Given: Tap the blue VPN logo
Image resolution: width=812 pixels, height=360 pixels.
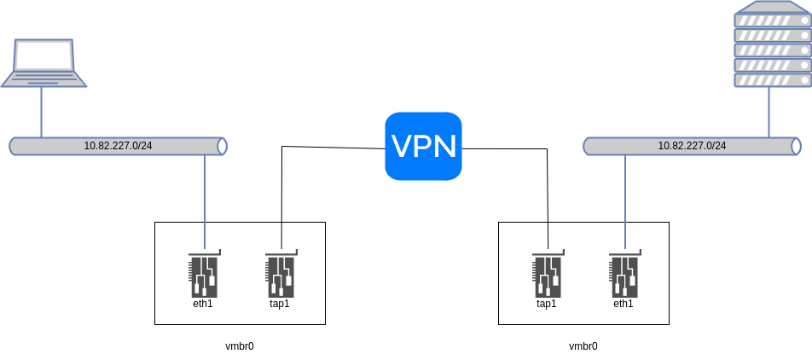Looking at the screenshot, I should tap(423, 146).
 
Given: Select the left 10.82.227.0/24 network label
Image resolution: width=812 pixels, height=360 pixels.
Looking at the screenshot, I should tap(118, 146).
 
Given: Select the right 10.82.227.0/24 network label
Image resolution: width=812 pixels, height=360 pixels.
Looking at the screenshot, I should tap(692, 146).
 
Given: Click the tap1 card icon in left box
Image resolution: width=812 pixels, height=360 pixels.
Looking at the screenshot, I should tap(281, 273).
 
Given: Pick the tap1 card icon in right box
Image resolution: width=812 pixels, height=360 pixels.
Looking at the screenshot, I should tap(548, 273).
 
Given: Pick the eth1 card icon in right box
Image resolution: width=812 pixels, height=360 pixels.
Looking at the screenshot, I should tap(624, 273).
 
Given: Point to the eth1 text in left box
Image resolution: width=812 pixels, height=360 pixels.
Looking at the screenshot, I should tap(203, 304).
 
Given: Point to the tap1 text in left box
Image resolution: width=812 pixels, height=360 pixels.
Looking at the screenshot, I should tap(280, 304).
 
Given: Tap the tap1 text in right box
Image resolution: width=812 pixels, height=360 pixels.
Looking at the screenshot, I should tap(547, 304).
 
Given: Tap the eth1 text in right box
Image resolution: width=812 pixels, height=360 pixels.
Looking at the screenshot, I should tap(623, 304).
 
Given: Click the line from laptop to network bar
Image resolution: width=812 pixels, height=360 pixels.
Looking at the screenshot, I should tap(41, 112).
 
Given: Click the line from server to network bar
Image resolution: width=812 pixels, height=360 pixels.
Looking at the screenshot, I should tap(768, 112).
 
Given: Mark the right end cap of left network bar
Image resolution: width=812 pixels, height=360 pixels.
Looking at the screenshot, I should tap(223, 146).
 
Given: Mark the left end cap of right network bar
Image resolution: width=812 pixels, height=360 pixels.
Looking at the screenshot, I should tap(588, 146).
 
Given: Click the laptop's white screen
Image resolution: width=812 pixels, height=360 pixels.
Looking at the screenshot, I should tap(43, 55).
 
